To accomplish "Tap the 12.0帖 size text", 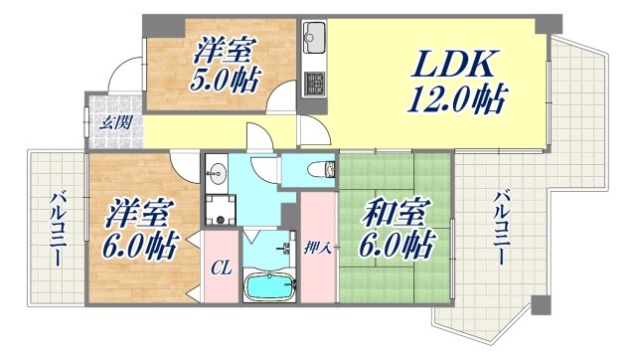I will click(456, 99).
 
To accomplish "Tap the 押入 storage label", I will click(318, 249).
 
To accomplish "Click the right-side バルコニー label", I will click(503, 227).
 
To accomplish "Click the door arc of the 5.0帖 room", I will click(282, 99).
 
